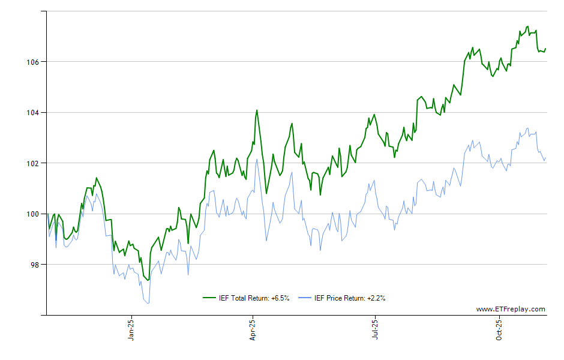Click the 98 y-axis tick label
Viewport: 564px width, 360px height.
pyautogui.click(x=34, y=265)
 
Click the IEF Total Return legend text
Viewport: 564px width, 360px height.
pyautogui.click(x=254, y=298)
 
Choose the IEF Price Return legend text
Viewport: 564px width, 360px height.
pyautogui.click(x=350, y=298)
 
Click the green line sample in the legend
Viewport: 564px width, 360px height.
pyautogui.click(x=209, y=298)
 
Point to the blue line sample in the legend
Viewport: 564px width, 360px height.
pyautogui.click(x=305, y=298)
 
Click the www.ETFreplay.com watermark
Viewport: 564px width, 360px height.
pyautogui.click(x=511, y=309)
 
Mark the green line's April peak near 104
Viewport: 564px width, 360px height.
pyautogui.click(x=257, y=110)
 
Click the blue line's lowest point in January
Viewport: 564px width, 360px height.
pyautogui.click(x=148, y=303)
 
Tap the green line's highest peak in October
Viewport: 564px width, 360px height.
pyautogui.click(x=527, y=26)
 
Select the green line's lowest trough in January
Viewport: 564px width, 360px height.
pyautogui.click(x=148, y=280)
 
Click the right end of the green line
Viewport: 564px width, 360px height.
pyautogui.click(x=545, y=49)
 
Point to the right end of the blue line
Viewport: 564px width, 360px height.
pyautogui.click(x=545, y=158)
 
